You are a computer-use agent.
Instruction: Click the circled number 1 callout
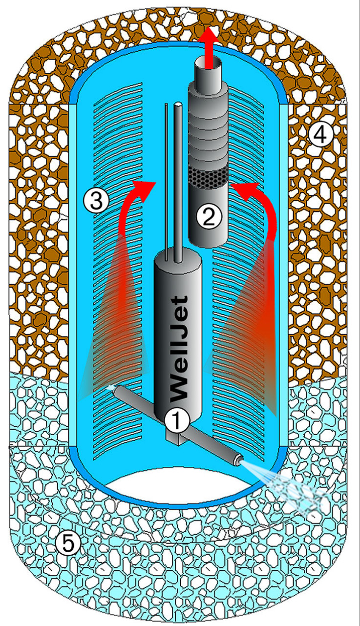pos(177,420)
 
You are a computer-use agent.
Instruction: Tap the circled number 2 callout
pos(209,217)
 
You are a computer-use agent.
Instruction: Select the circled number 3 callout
pos(96,200)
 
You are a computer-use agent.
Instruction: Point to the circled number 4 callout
pos(321,136)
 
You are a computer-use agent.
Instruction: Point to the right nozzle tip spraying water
pos(238,459)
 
